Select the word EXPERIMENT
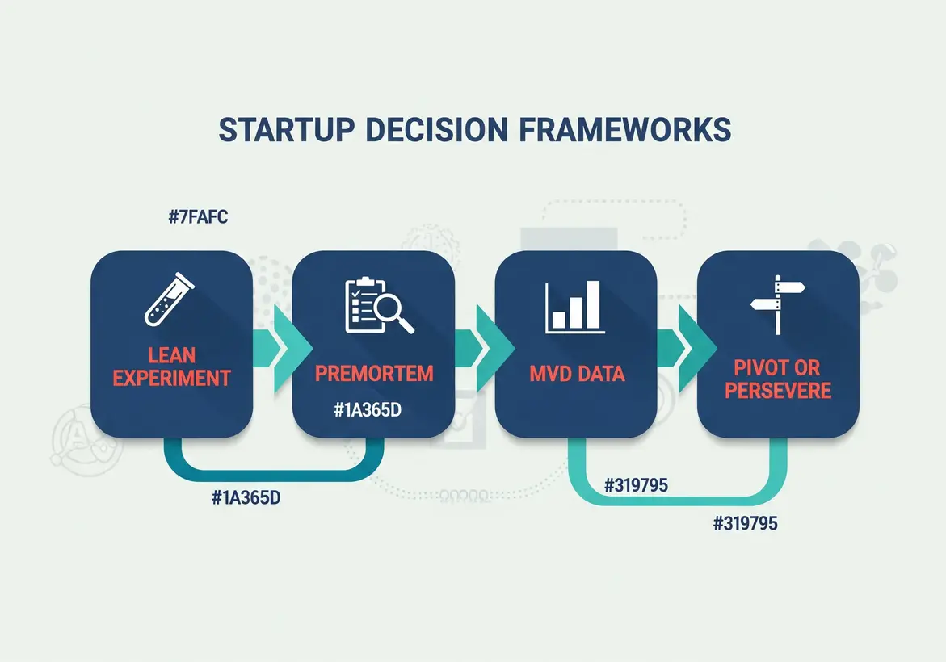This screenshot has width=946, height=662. coord(172,378)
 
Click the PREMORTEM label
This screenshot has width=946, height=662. coord(374,374)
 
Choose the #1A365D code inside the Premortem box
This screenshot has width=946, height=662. coord(368,410)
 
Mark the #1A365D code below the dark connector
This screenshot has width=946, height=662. coord(246,497)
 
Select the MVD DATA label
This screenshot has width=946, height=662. coord(576,375)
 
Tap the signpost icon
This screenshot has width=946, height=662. coord(776,304)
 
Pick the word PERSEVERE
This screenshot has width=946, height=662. coord(778,391)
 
